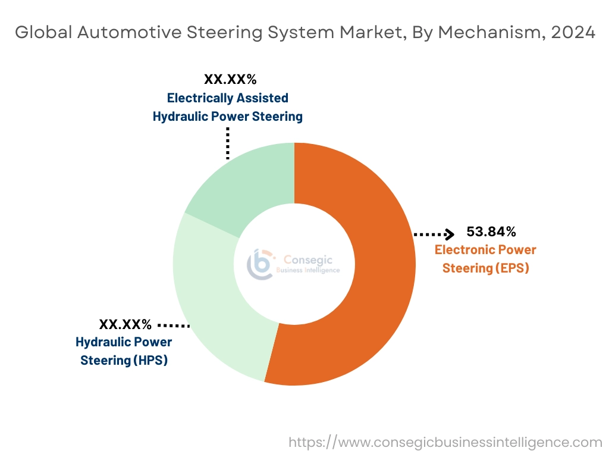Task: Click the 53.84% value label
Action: point(491,231)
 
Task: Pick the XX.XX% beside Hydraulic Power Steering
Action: point(125,324)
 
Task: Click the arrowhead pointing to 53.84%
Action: point(450,233)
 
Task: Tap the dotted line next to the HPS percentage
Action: point(173,325)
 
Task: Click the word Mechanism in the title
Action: point(489,32)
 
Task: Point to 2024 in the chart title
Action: point(573,32)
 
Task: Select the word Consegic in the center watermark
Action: point(308,259)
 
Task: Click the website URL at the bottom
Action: point(445,442)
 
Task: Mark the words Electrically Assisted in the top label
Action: point(227,98)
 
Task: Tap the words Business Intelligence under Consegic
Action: point(308,270)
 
